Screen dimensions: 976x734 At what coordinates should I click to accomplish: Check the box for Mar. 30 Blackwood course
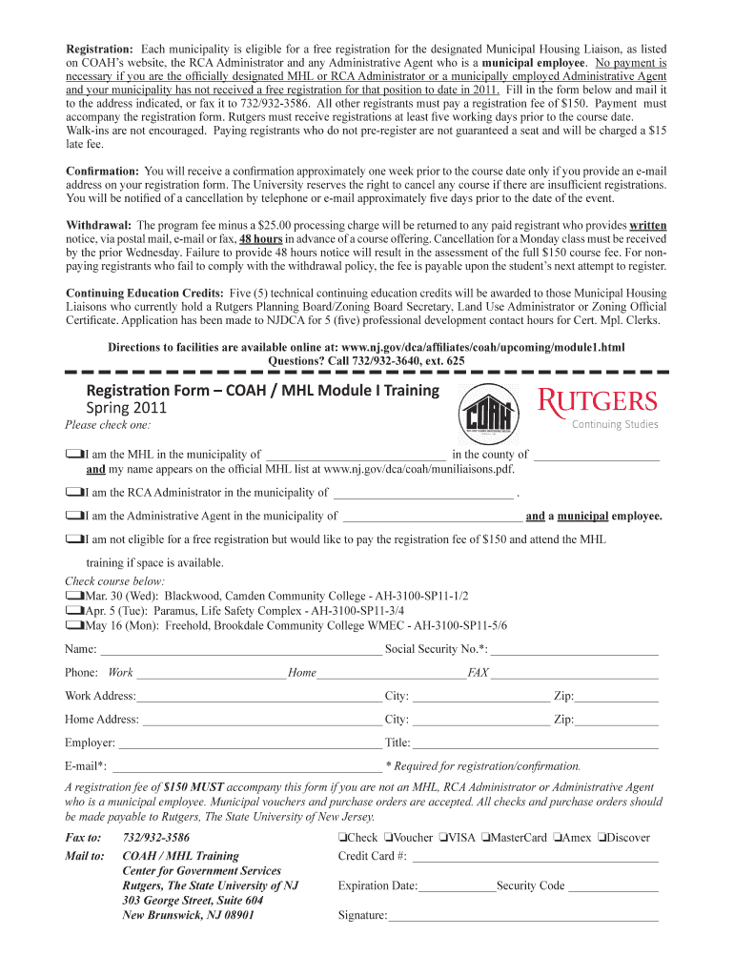click(x=73, y=596)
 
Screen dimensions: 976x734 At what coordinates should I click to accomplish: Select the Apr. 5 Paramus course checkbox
click(x=73, y=610)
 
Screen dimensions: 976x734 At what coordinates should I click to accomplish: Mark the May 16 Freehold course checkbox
click(x=73, y=625)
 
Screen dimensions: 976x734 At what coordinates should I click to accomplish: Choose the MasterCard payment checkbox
click(x=486, y=838)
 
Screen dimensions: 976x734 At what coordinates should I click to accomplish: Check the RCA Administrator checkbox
click(x=73, y=493)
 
